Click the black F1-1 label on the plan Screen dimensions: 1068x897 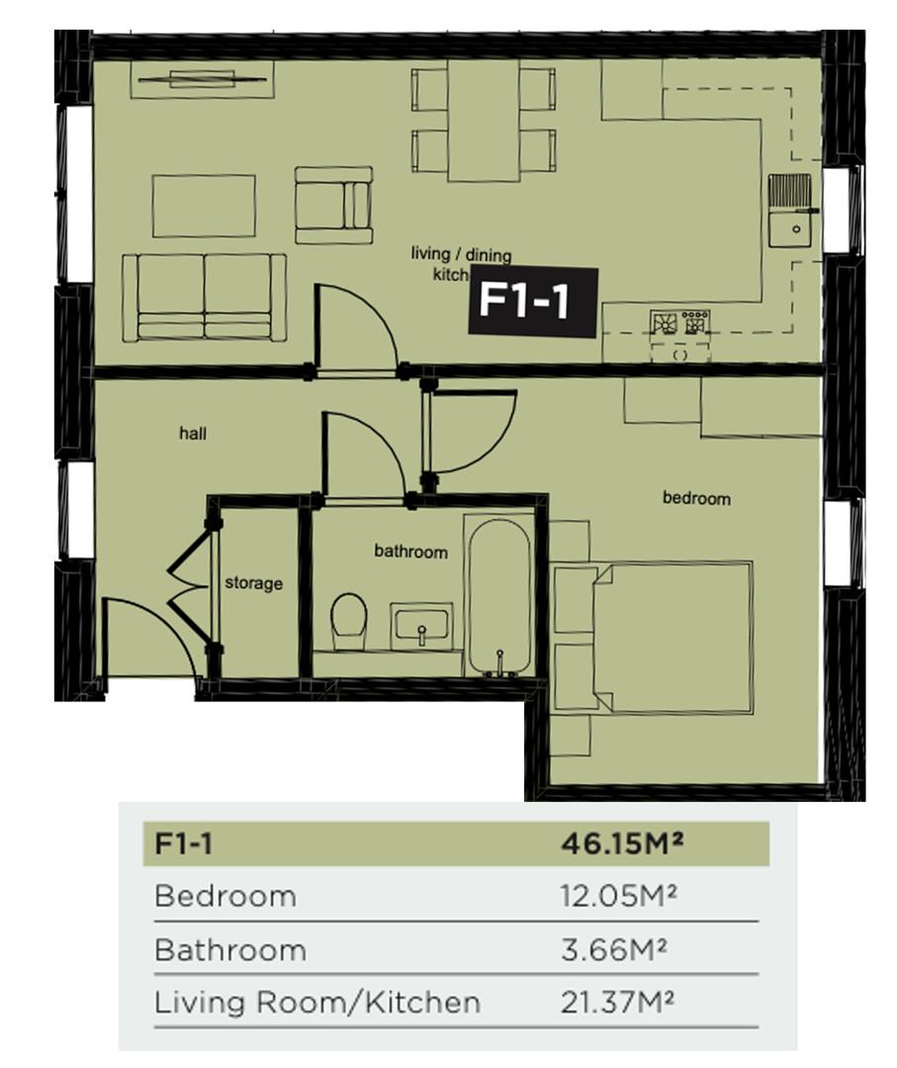tap(533, 302)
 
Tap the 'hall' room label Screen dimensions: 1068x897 tap(193, 433)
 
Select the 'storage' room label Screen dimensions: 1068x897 tap(253, 583)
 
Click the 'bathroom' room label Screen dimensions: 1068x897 tap(410, 552)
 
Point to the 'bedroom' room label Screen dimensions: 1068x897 tap(696, 498)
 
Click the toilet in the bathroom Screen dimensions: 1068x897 tap(348, 621)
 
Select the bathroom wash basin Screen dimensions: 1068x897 tap(421, 626)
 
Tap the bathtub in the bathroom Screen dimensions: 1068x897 tap(500, 596)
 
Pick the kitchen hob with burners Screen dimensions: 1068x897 tap(679, 322)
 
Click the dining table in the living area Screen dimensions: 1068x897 tap(484, 121)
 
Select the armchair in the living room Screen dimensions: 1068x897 tap(333, 205)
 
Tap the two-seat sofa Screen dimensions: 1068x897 tap(205, 297)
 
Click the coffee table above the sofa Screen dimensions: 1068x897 tap(204, 206)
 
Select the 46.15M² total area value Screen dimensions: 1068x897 tap(622, 844)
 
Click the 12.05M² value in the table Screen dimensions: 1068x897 tap(618, 897)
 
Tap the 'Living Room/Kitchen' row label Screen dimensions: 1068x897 tap(317, 1003)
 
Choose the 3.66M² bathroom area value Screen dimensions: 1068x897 tap(614, 949)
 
